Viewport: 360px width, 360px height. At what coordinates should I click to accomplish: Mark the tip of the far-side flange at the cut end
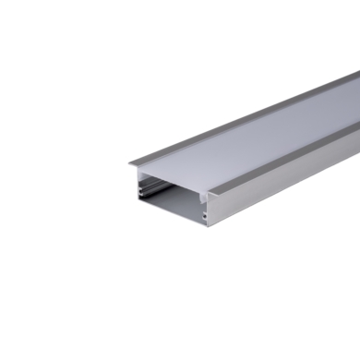(129, 164)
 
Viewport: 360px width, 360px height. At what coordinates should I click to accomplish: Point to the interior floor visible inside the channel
(178, 208)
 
